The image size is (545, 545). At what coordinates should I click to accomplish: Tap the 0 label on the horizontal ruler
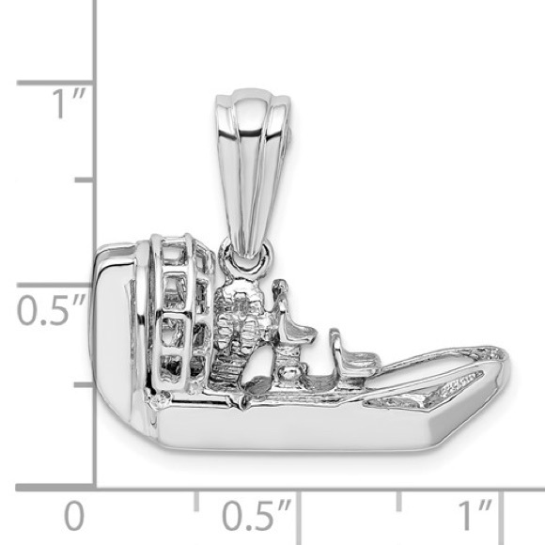[x=73, y=516]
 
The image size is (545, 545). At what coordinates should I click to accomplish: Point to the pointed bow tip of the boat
[x=504, y=362]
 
